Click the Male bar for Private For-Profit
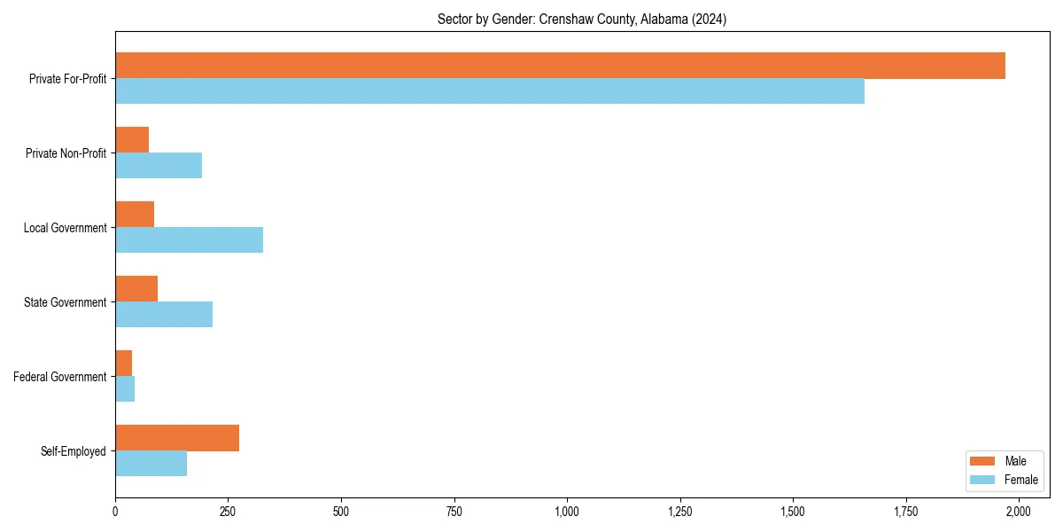coord(560,66)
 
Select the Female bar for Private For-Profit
coord(490,91)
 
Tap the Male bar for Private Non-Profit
coord(132,140)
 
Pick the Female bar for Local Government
coord(189,240)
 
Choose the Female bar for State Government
coord(164,315)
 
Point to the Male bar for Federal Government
coord(124,364)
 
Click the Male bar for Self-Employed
coord(177,438)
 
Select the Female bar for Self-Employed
coord(151,464)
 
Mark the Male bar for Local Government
coord(135,215)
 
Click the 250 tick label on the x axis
coord(228,512)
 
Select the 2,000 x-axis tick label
coord(1019,512)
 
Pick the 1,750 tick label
coord(906,512)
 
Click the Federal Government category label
coord(60,377)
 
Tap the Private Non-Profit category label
coord(66,153)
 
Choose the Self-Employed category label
coord(74,451)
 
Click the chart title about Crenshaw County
coord(582,20)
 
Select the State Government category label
coord(66,302)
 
